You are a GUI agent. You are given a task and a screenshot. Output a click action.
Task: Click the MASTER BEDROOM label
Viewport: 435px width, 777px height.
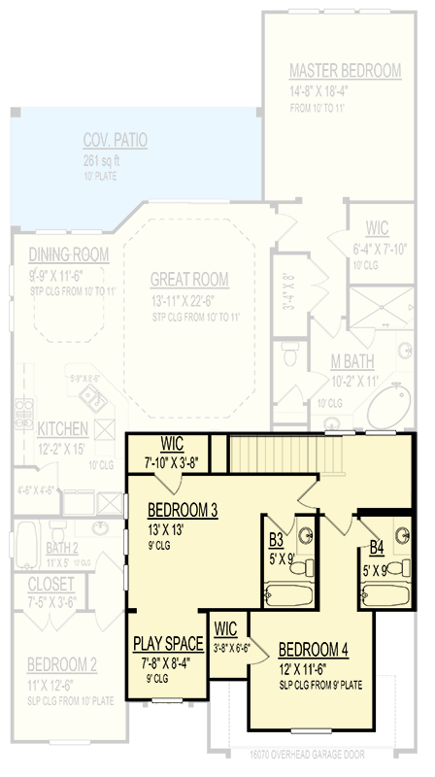tap(345, 71)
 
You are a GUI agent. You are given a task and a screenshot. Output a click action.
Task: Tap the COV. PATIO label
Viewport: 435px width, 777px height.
tap(115, 141)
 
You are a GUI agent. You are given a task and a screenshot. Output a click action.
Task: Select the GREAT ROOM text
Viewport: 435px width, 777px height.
tap(189, 280)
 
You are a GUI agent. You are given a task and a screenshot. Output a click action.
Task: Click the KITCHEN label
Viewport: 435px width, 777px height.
tap(64, 428)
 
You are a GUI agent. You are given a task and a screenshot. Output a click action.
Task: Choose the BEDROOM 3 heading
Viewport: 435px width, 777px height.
tap(183, 510)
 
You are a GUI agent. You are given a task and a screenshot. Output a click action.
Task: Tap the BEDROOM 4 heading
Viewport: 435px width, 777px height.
tap(313, 650)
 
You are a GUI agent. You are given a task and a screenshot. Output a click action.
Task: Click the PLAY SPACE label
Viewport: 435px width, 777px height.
tap(168, 643)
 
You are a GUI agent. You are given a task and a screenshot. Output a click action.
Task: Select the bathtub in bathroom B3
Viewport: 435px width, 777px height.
tap(286, 591)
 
